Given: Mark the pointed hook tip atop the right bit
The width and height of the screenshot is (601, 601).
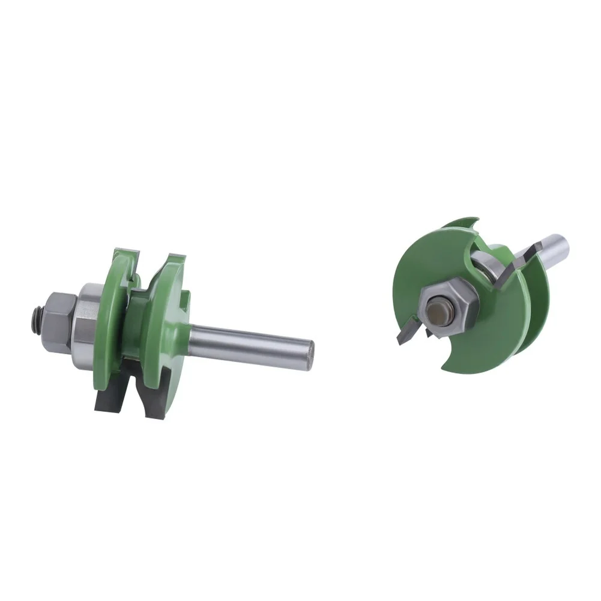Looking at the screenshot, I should click(474, 220).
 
